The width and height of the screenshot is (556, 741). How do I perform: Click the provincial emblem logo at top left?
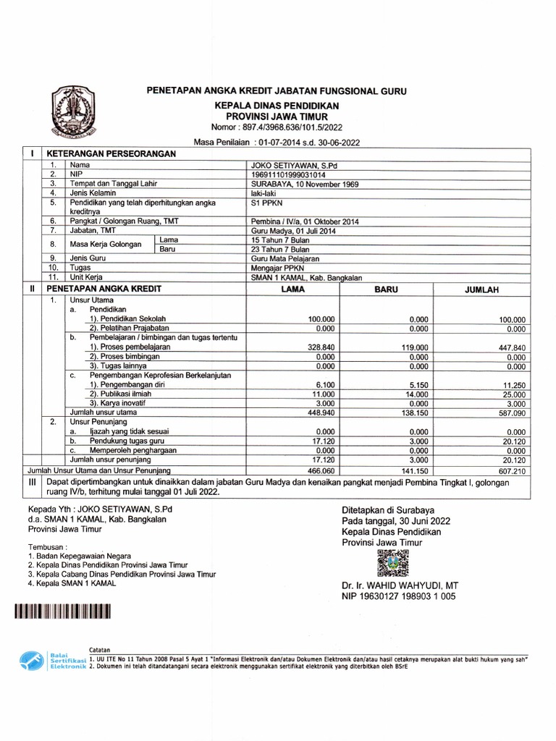click(x=75, y=111)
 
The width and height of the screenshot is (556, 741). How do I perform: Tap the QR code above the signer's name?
click(x=393, y=563)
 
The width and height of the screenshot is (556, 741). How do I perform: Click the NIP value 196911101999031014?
click(x=287, y=174)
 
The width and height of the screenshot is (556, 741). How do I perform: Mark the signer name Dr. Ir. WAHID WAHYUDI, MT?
click(x=400, y=585)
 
